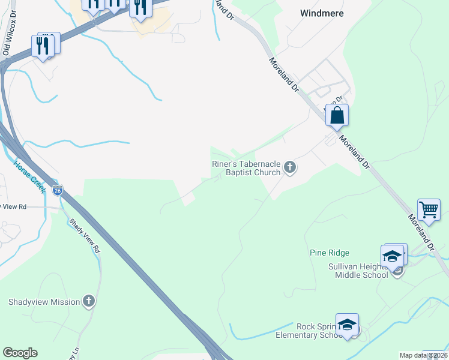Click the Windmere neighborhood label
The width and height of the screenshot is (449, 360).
coord(321,13)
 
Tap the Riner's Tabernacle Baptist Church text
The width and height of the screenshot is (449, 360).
coord(246,168)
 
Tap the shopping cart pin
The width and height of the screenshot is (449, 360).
coord(429,210)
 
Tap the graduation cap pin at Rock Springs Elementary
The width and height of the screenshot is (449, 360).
coord(346,325)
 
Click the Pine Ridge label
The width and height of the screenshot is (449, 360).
coord(330,253)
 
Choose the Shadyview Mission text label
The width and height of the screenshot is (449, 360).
coord(44,302)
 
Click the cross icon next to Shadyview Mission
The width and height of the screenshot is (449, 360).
coord(89,301)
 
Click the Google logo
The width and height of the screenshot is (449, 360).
coord(20,353)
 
